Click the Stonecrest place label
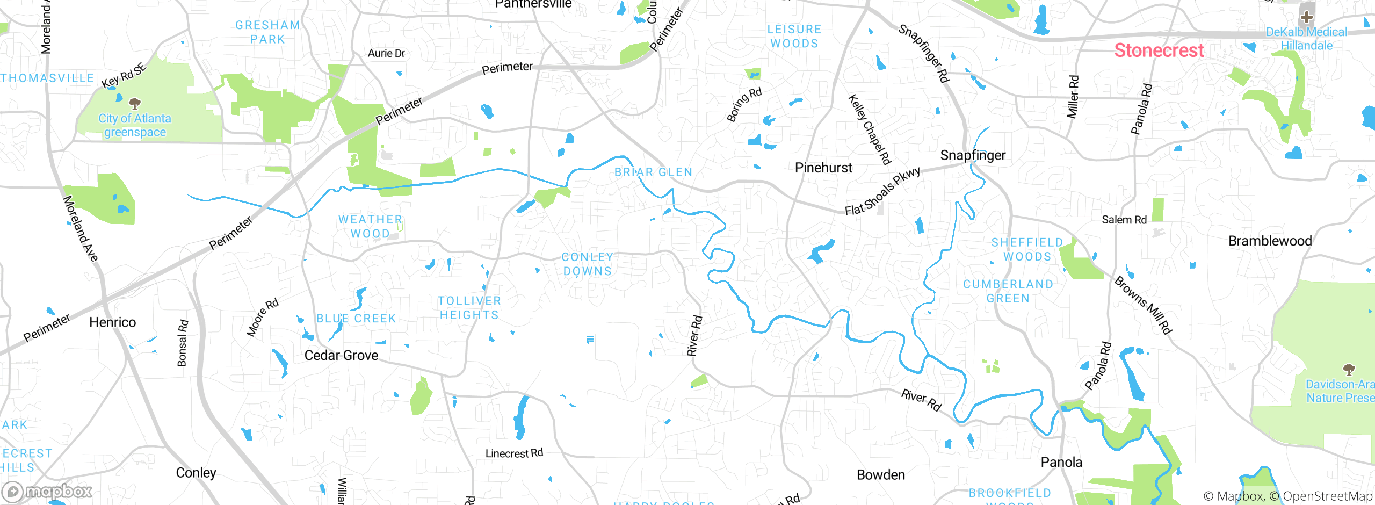click(x=1159, y=50)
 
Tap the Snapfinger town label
click(x=973, y=155)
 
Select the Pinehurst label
click(x=823, y=168)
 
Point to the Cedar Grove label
click(x=341, y=355)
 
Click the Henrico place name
click(x=112, y=322)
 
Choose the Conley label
click(x=196, y=473)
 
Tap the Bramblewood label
click(x=1270, y=241)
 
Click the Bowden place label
click(x=881, y=475)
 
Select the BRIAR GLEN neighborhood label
click(x=653, y=172)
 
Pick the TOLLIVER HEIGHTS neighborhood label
click(x=469, y=308)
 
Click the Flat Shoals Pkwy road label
click(x=882, y=191)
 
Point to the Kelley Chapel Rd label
click(x=870, y=129)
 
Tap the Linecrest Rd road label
click(x=514, y=453)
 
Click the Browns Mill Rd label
click(x=1143, y=305)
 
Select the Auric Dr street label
click(x=386, y=53)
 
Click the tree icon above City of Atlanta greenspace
click(x=135, y=103)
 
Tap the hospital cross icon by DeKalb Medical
click(x=1306, y=17)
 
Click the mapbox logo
click(x=47, y=491)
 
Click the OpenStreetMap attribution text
click(x=1327, y=496)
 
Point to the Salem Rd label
click(x=1124, y=220)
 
